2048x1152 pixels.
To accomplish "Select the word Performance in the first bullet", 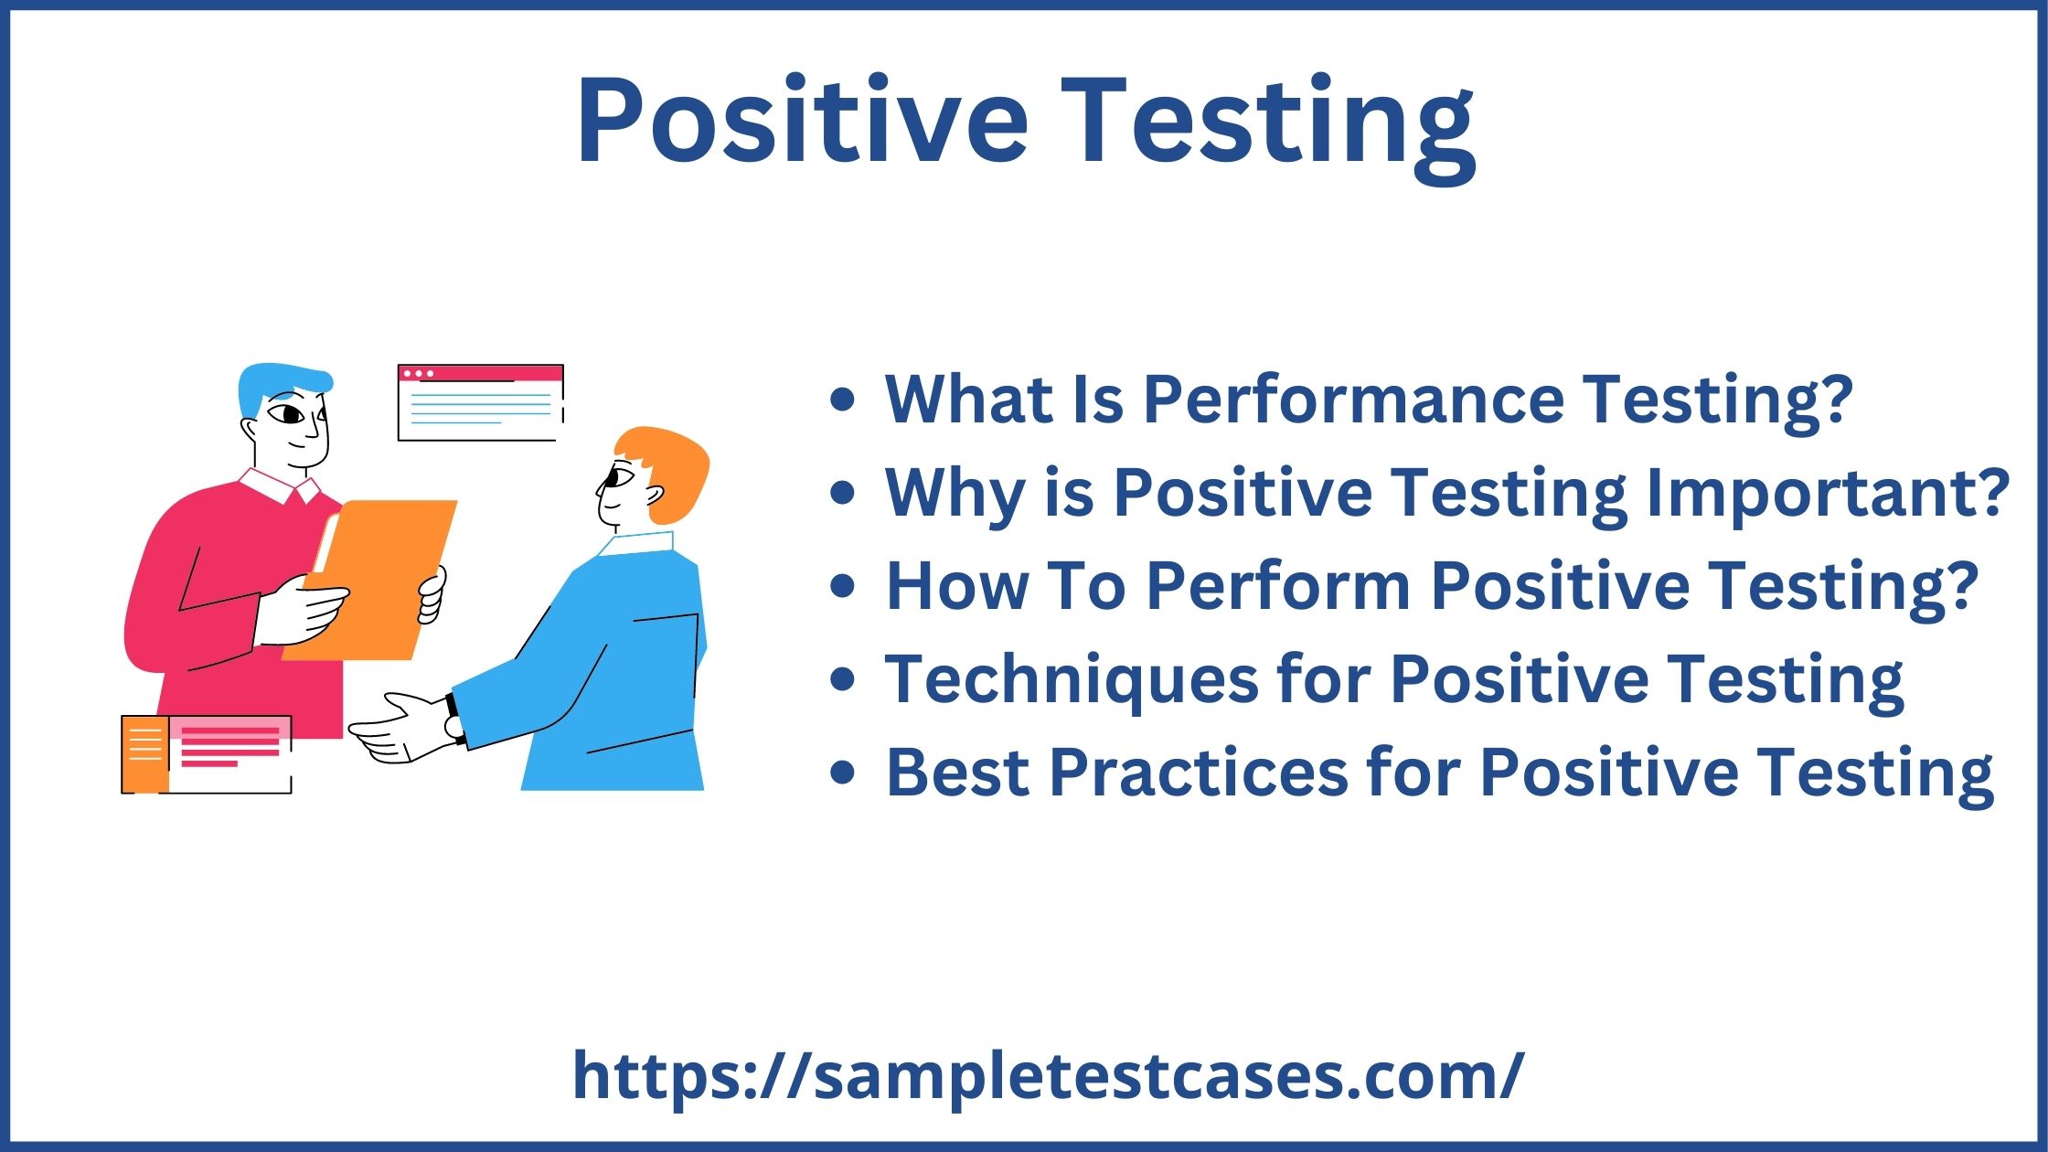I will click(x=1354, y=400).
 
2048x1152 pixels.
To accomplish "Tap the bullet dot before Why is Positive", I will click(x=842, y=494).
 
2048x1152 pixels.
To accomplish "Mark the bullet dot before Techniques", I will click(x=842, y=679).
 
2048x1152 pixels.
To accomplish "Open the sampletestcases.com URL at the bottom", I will click(x=1047, y=1076).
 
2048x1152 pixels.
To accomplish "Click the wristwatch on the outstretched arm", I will click(x=453, y=718).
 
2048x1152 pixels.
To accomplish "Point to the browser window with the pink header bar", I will click(x=480, y=402).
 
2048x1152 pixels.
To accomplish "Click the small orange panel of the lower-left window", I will click(x=144, y=754).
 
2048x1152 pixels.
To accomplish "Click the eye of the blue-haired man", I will click(x=292, y=415).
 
